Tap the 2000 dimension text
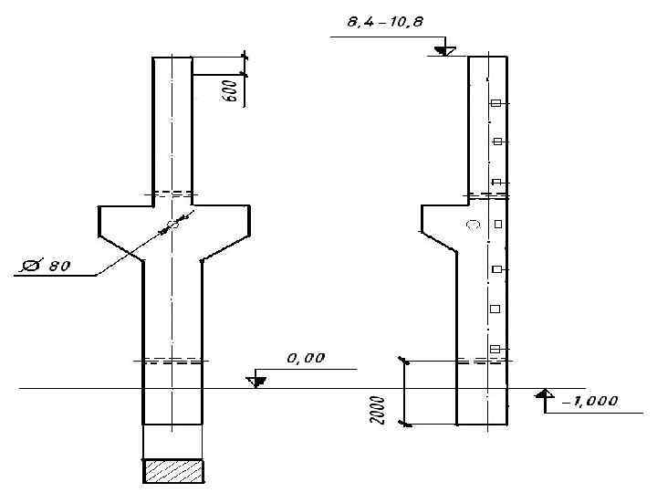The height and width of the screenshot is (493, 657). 378,410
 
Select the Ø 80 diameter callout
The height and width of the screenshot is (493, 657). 47,266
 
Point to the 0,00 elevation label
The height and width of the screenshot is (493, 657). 306,359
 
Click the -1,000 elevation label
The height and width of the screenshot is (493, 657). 590,401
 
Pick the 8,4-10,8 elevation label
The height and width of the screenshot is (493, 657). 385,21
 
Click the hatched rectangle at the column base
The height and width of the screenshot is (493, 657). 173,471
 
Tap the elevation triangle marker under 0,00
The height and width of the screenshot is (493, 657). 256,382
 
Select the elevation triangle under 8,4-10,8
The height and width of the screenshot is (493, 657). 444,51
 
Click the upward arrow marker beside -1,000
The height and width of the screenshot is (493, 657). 544,393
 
